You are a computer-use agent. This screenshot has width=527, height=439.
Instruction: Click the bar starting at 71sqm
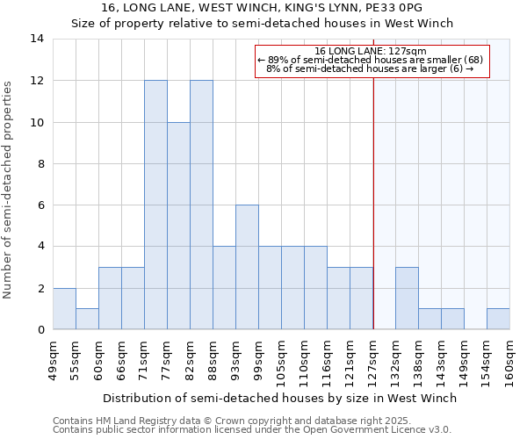coord(155,205)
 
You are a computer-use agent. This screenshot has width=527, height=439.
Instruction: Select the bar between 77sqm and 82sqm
coord(178,226)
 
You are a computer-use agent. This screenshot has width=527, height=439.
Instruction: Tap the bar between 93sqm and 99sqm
coord(247,267)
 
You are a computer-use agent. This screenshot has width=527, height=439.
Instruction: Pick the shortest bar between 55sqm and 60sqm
coord(87,319)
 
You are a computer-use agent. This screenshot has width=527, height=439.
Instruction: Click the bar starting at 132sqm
coord(407,298)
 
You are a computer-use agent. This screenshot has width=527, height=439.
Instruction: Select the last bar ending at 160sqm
coord(498,319)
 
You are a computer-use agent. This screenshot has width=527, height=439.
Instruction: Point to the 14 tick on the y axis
coord(37,39)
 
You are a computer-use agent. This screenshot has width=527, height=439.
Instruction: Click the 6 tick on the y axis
coord(40,205)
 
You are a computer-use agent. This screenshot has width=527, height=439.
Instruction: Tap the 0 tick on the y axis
coord(40,330)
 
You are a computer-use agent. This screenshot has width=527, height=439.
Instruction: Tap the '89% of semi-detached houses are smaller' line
coord(369,60)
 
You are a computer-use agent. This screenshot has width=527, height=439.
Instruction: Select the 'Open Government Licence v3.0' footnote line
coord(251,430)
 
